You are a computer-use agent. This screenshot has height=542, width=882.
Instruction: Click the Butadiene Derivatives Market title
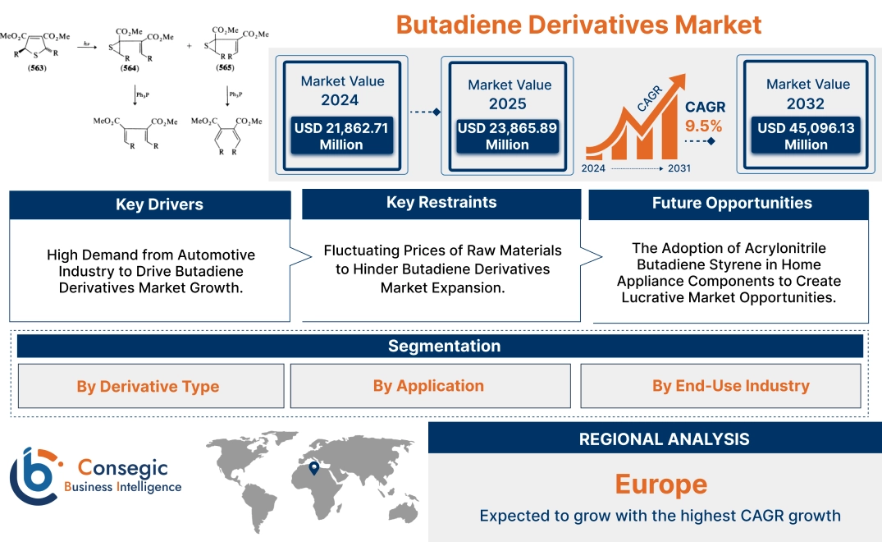[578, 24]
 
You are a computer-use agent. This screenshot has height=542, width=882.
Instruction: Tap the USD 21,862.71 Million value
[340, 136]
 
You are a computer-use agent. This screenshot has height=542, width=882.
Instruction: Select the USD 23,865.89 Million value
[506, 136]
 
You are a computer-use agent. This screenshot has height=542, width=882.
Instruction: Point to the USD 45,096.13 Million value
[806, 136]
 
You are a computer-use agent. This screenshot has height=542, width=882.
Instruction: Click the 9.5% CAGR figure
[703, 126]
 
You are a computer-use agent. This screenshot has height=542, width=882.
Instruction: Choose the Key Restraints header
[441, 203]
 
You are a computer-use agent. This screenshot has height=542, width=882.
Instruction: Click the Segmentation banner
[444, 346]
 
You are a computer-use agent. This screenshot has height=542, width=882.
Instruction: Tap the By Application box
[428, 386]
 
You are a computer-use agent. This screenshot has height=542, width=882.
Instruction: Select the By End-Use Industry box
[730, 386]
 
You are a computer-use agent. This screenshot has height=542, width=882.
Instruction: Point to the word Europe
[660, 484]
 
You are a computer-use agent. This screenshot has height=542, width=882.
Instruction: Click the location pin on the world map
[313, 469]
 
